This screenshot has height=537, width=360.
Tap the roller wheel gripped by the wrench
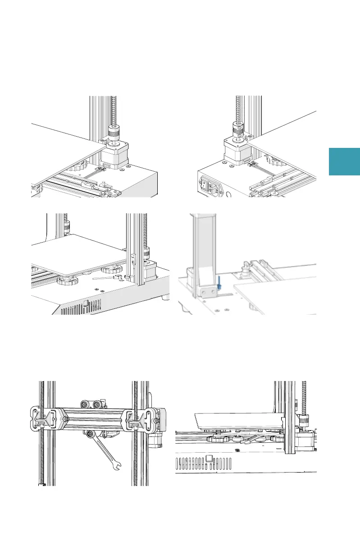[91, 434]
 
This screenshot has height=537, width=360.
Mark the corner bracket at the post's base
[205, 290]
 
